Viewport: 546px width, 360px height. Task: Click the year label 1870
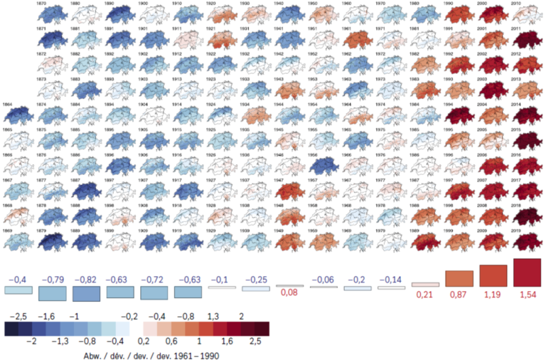(42, 3)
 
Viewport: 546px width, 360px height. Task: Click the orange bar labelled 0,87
(459, 278)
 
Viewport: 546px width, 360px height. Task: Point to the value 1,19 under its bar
(493, 293)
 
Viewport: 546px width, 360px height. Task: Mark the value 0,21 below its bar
(425, 293)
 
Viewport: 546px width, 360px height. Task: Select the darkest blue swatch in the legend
(11, 328)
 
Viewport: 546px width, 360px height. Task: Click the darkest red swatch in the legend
(262, 328)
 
